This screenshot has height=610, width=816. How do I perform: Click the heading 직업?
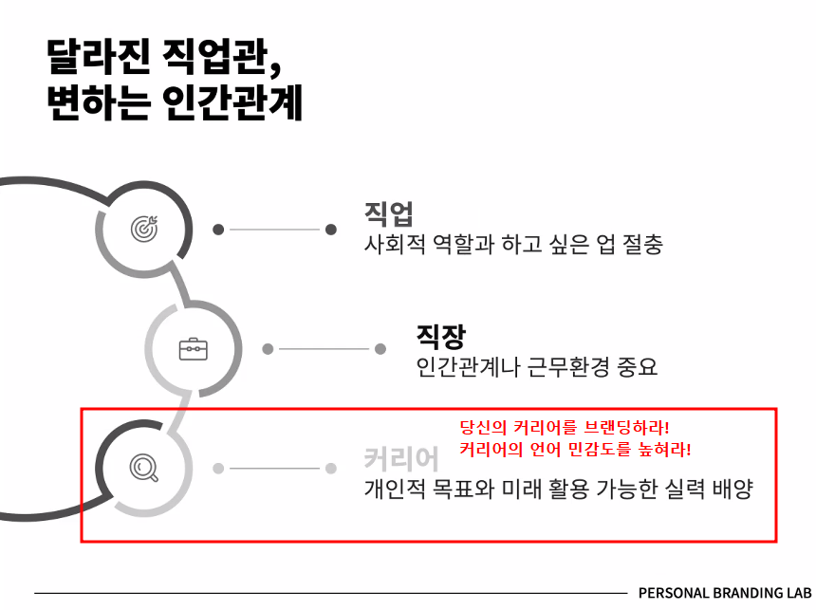[x=388, y=213]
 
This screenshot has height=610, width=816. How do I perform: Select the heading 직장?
[x=440, y=334]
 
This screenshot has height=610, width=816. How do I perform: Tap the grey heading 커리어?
[x=401, y=459]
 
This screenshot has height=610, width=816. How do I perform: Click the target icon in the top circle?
[x=145, y=228]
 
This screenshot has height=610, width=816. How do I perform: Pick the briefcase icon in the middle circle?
[x=194, y=349]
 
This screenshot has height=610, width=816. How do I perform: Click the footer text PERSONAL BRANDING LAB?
[x=725, y=593]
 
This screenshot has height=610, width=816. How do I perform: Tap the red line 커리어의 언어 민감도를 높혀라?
[x=574, y=449]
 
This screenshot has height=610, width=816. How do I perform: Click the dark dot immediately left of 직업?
[x=331, y=229]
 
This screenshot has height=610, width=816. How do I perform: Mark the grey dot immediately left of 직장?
[x=380, y=349]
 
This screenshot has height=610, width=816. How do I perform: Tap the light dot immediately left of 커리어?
[x=331, y=468]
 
